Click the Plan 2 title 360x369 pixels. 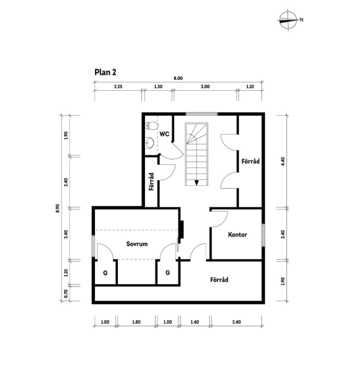pos(105,72)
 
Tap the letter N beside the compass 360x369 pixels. pos(302,20)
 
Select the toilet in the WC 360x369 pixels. pos(151,126)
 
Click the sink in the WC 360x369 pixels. pos(149,142)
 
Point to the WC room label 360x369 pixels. pos(164,134)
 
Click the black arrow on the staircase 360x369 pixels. pos(197,182)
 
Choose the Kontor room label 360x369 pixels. pos(237,235)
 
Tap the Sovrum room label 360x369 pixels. pos(137,244)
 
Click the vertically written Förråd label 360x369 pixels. pos(151,182)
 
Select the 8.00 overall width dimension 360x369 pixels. pos(178,78)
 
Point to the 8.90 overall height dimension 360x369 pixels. pos(58,208)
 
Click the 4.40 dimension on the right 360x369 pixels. pos(283,162)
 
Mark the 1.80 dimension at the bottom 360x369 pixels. pos(136,322)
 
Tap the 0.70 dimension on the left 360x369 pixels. pos(66,293)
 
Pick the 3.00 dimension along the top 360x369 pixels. pos(205,87)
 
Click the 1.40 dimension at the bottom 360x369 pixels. pos(195,322)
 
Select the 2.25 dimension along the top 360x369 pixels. pos(118,87)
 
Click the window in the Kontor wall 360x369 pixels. pos(263,236)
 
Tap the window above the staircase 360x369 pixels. pos(201,114)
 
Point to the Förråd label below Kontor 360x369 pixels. pos(219,279)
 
